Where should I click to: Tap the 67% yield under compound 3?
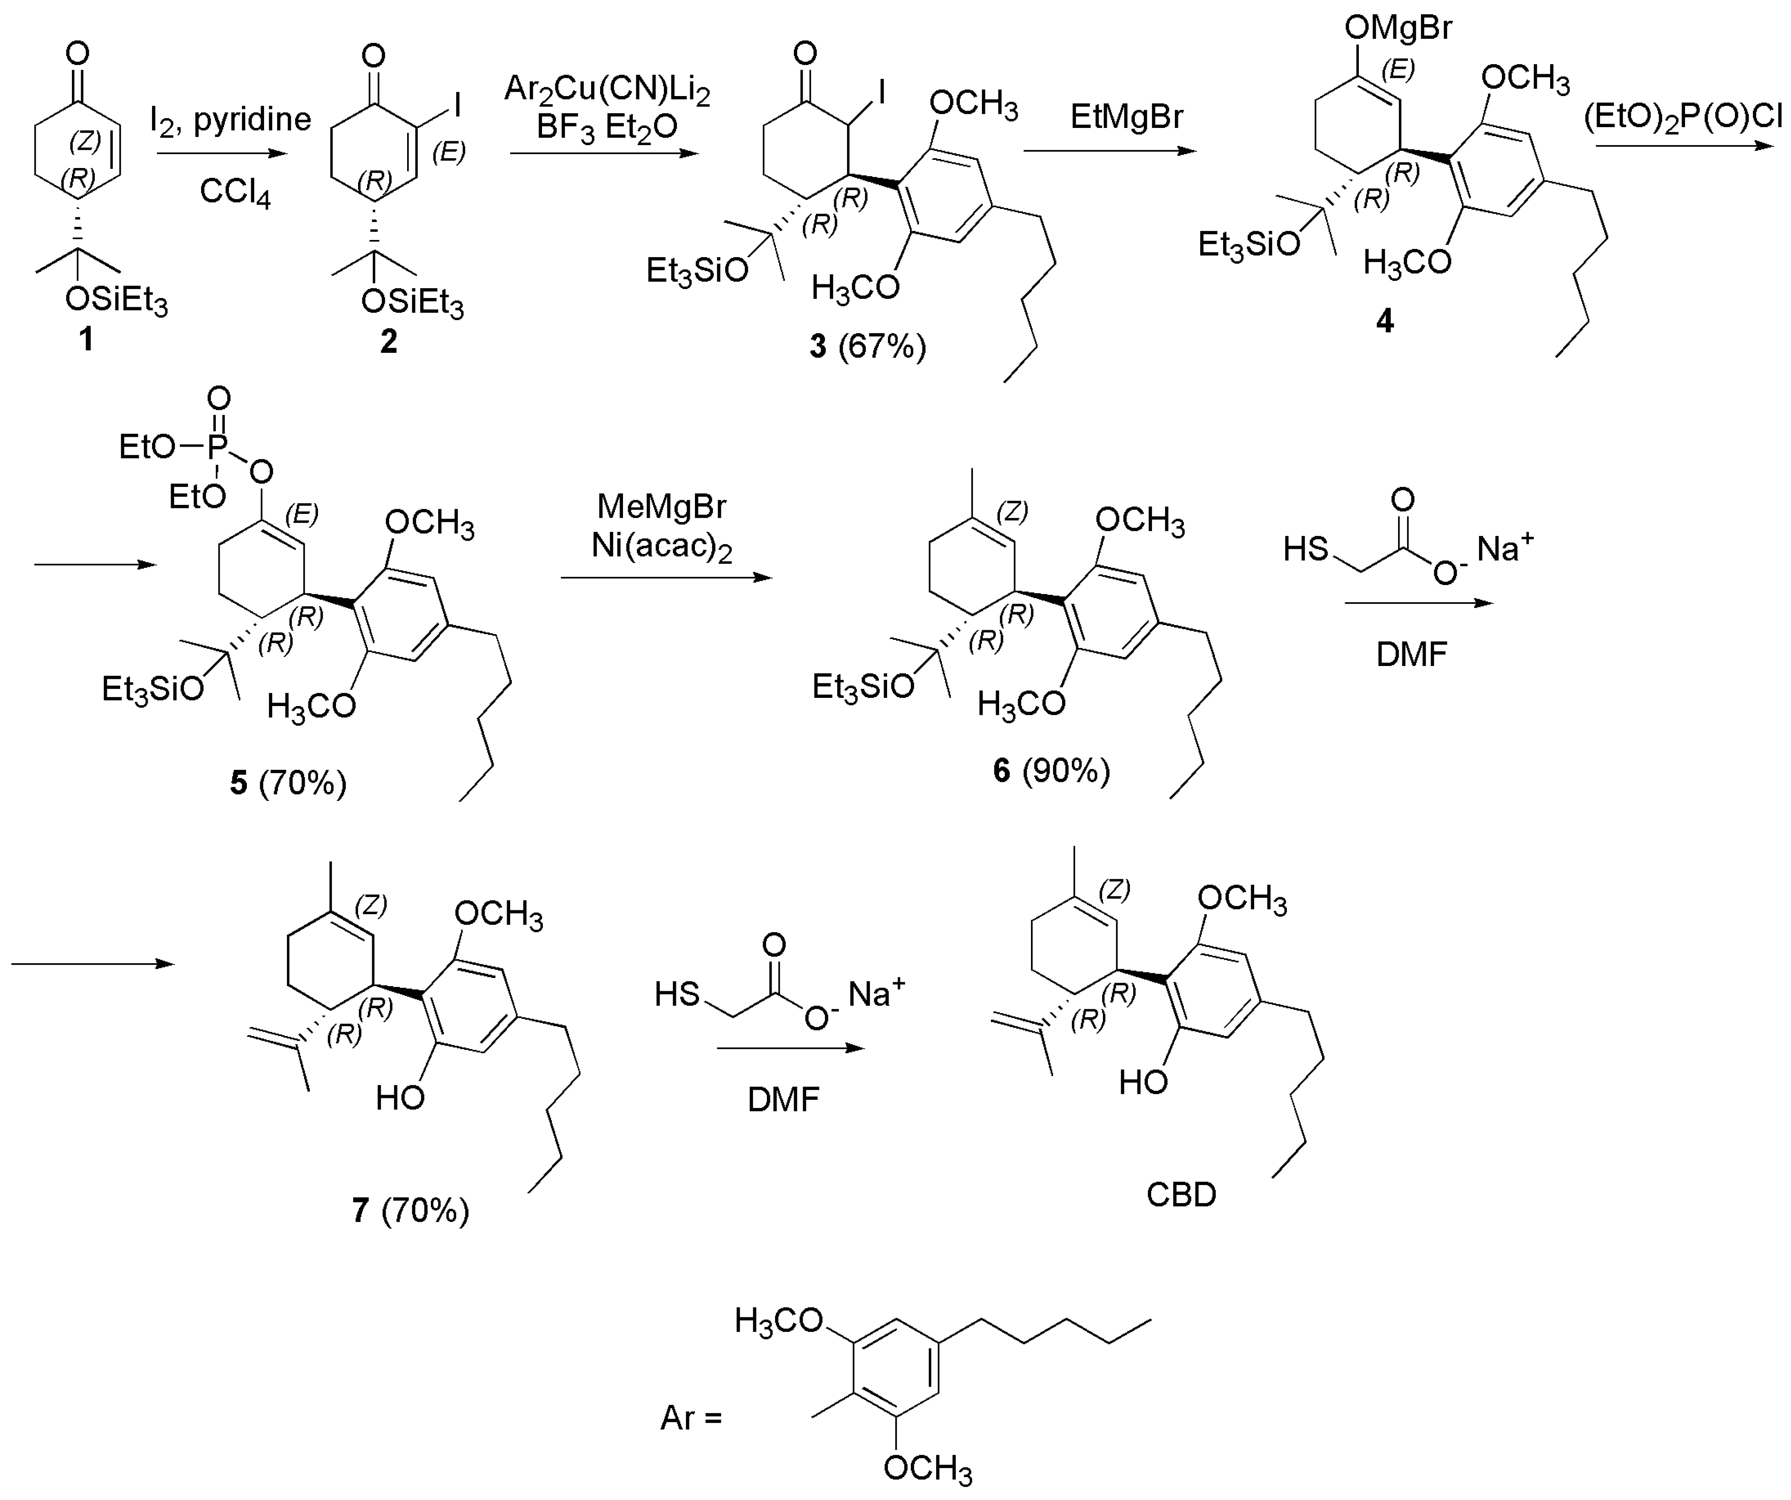click(x=882, y=346)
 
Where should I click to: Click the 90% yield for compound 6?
click(x=1066, y=770)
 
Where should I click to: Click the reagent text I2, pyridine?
click(x=230, y=119)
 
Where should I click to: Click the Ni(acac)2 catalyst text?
click(x=662, y=546)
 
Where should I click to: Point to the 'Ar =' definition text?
click(x=691, y=1417)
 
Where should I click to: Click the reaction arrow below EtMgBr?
click(x=1109, y=151)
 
